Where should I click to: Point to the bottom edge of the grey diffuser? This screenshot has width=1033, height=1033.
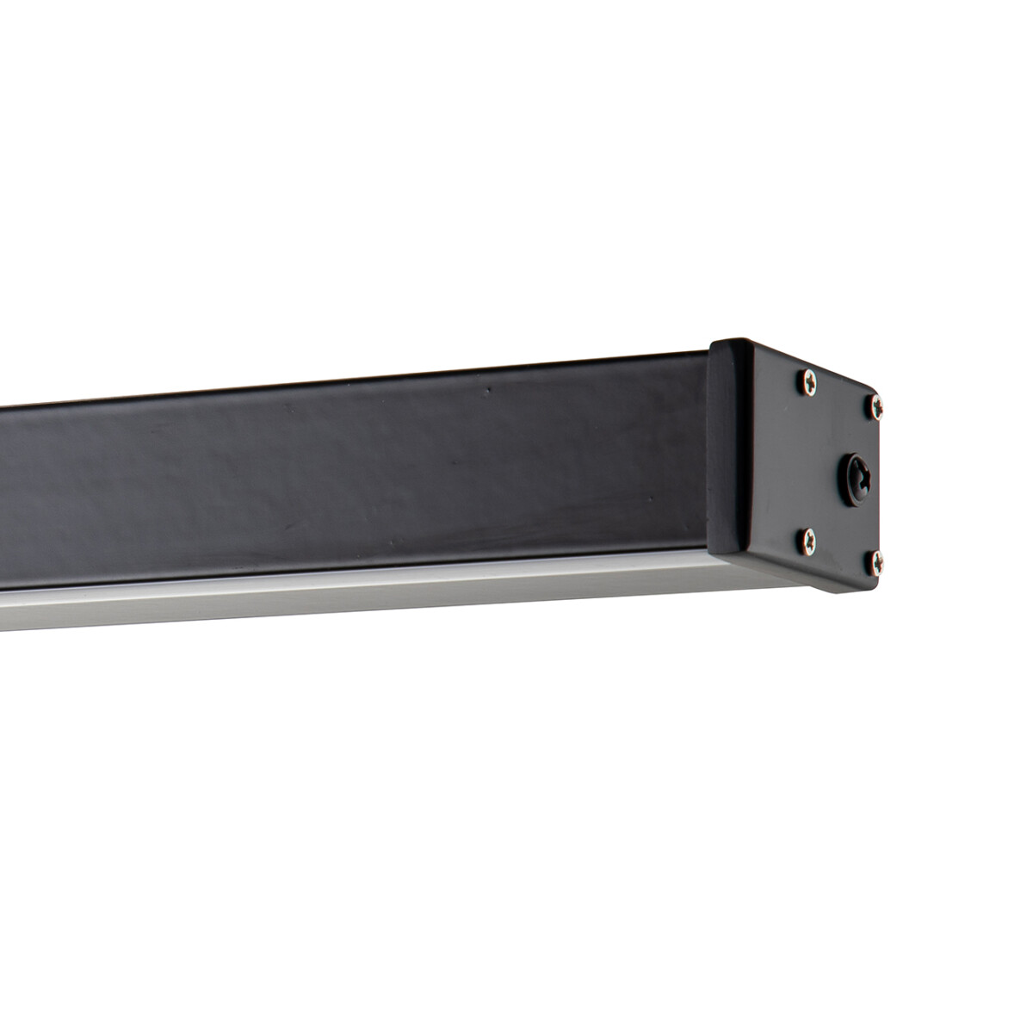point(344,624)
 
